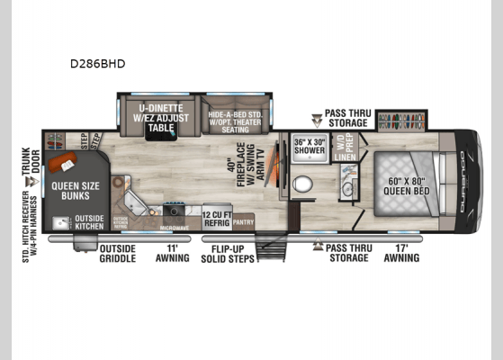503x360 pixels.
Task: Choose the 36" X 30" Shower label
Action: click(x=310, y=145)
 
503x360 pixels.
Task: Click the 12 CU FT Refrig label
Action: click(x=218, y=216)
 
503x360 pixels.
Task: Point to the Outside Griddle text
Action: click(x=117, y=253)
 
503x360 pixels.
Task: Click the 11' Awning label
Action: click(x=172, y=253)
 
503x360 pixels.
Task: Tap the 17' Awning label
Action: click(x=401, y=253)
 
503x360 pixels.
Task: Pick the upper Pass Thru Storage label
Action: click(x=346, y=117)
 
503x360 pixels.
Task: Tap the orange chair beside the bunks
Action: click(x=63, y=163)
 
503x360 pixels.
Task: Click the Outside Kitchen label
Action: click(x=89, y=221)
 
